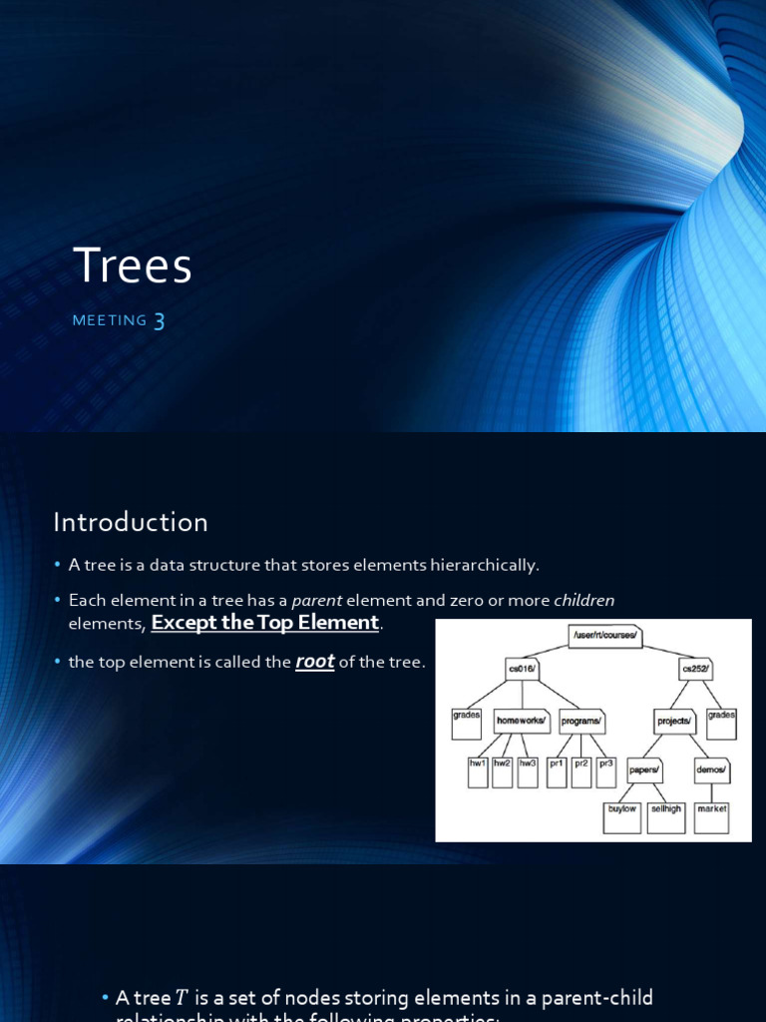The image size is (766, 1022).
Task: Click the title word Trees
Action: point(133,266)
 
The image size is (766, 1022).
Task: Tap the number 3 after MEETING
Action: point(158,320)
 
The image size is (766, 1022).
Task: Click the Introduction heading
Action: point(131,522)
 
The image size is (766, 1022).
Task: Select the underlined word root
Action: point(314,662)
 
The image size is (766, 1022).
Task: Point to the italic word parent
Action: point(316,600)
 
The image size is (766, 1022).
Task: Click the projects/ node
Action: point(675,720)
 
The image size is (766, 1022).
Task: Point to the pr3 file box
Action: point(606,769)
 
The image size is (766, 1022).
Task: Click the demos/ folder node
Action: point(710,771)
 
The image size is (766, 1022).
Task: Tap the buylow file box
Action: point(622,816)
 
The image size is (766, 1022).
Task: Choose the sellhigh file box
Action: point(665,816)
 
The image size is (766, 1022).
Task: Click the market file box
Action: point(711,816)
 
